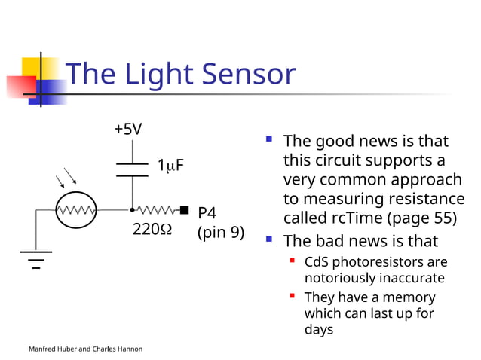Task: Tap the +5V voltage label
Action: (127, 129)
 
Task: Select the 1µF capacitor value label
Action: (170, 165)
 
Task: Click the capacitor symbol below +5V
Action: (132, 169)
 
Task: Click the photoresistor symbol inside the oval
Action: (76, 210)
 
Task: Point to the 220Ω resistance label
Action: (152, 230)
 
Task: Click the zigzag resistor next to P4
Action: (156, 210)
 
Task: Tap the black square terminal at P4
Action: (184, 210)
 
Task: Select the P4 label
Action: (207, 213)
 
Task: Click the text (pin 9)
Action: (220, 232)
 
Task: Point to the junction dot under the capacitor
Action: (132, 210)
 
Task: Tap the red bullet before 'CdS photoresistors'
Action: (292, 261)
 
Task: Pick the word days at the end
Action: (318, 329)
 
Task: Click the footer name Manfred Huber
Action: (55, 349)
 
